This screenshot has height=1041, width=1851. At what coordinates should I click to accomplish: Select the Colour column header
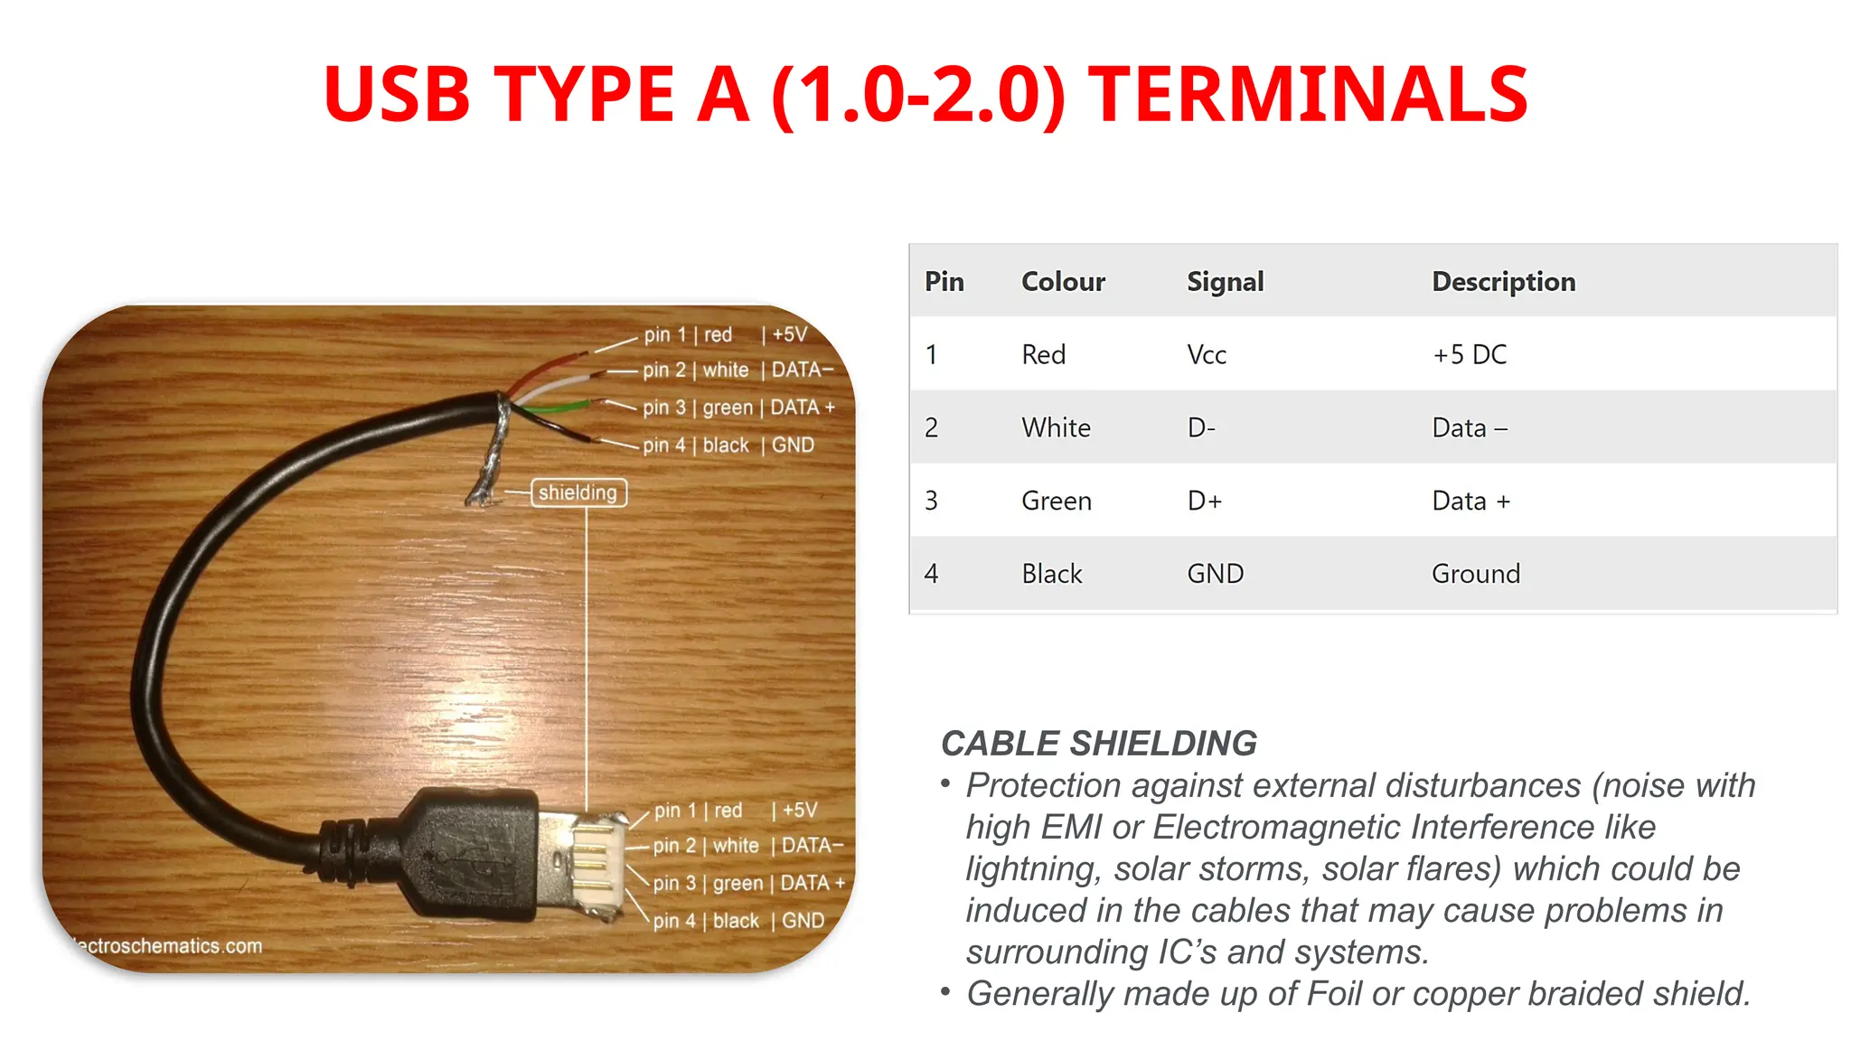pyautogui.click(x=1063, y=282)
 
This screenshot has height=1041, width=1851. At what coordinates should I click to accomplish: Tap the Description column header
pyautogui.click(x=1503, y=282)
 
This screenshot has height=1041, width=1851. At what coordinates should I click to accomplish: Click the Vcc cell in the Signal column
pyautogui.click(x=1207, y=355)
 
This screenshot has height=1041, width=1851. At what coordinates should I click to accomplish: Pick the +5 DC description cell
pyautogui.click(x=1470, y=355)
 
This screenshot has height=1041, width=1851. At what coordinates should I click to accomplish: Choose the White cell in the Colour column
pyautogui.click(x=1056, y=428)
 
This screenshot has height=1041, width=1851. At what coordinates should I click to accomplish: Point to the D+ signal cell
pyautogui.click(x=1204, y=502)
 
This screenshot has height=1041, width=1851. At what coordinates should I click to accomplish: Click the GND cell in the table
pyautogui.click(x=1215, y=575)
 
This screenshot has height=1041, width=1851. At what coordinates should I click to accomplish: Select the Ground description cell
pyautogui.click(x=1476, y=575)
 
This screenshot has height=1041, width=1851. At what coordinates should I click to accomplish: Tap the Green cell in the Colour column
pyautogui.click(x=1056, y=502)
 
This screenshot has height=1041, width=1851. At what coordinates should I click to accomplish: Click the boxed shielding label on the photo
pyautogui.click(x=578, y=492)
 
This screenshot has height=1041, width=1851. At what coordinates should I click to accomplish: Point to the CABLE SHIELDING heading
pyautogui.click(x=1099, y=744)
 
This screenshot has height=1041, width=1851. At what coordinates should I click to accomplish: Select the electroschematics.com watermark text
pyautogui.click(x=168, y=946)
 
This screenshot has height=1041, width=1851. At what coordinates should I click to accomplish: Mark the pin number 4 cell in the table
pyautogui.click(x=932, y=575)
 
